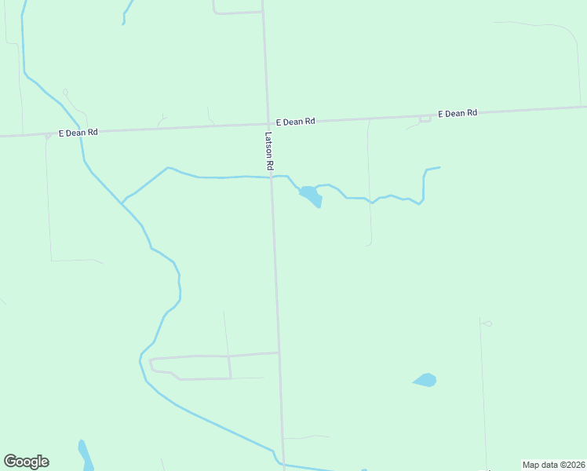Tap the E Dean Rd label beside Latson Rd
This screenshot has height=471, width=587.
point(295,122)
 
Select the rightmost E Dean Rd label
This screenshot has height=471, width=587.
point(458,113)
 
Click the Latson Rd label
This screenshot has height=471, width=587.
point(268,151)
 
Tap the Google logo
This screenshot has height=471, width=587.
point(26,462)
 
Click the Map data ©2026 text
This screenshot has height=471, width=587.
point(553,465)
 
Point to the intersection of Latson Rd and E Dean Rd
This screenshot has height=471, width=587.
point(267,123)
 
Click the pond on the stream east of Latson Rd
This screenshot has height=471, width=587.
point(311,195)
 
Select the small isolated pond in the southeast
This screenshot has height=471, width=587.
point(425,380)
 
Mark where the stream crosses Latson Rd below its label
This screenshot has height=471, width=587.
point(272,177)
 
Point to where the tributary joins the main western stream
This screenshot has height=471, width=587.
point(122,203)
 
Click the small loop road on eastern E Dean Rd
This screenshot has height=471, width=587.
point(425,119)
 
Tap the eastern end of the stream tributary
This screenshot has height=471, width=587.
point(439,166)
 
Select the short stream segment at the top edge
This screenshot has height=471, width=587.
point(126,13)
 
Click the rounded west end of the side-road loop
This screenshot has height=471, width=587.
point(150,363)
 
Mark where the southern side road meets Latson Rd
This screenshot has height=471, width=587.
point(279,352)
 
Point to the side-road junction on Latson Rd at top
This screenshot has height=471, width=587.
point(262,12)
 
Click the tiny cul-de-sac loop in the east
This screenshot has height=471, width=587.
point(487,323)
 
